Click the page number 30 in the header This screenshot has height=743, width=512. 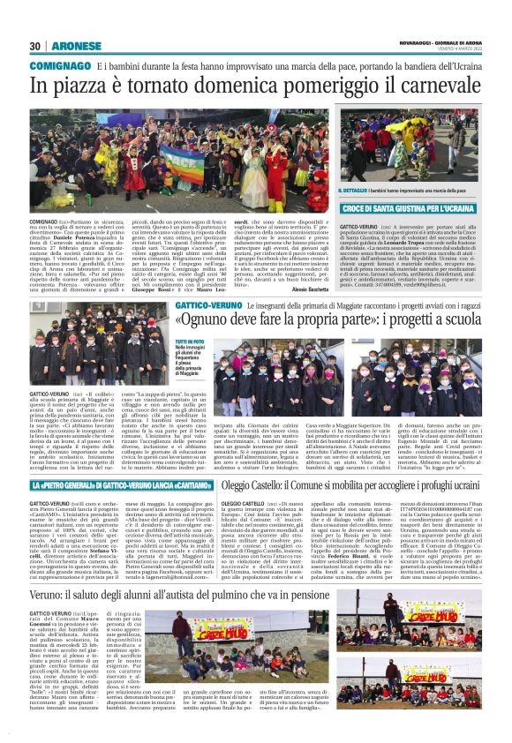[x=36, y=46]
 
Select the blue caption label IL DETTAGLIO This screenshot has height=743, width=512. [x=355, y=190]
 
